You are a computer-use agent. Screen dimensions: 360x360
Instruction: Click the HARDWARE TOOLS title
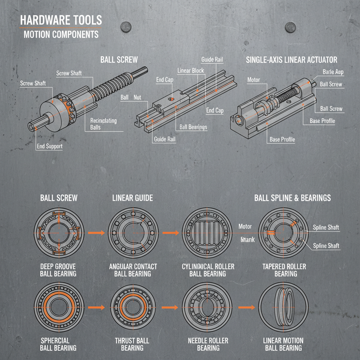coord(60,20)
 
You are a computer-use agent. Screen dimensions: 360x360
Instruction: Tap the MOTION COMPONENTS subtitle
coord(61,34)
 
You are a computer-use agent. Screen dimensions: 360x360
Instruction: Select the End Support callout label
coord(49,146)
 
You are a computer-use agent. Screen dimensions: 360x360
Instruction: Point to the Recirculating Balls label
coord(103,124)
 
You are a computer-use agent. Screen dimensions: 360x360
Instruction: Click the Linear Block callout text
coord(191,71)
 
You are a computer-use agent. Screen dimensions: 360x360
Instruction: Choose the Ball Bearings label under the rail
coord(193,127)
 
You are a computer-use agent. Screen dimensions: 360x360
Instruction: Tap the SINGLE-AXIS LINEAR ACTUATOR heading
coord(291,60)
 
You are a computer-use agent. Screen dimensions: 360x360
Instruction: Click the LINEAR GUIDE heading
coord(133,198)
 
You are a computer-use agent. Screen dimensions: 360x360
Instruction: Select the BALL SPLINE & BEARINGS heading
coord(292,198)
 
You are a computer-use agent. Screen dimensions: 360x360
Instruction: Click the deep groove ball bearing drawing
coord(59,232)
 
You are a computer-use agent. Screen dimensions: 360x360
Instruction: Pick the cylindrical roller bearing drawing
coord(207,232)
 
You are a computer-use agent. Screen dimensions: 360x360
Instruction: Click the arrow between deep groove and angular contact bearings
coord(96,232)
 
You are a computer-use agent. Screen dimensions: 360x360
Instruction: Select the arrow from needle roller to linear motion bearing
coord(247,307)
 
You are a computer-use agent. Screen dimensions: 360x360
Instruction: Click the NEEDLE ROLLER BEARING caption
coord(208,344)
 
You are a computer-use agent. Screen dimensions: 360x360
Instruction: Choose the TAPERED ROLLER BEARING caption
coord(284,270)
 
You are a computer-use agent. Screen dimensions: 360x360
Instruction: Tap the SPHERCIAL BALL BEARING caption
coord(58,344)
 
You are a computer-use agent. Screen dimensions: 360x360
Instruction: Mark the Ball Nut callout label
coord(130,97)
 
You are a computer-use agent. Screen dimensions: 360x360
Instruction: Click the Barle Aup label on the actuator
coord(333,72)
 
